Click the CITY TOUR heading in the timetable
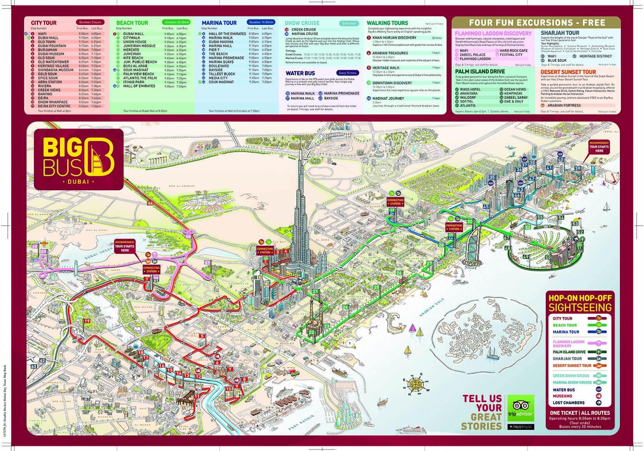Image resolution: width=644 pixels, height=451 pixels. (43, 23)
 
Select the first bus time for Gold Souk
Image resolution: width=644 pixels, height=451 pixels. (83, 74)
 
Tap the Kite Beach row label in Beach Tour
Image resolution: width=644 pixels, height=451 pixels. (133, 58)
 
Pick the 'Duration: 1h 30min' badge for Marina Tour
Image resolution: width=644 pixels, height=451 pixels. (261, 22)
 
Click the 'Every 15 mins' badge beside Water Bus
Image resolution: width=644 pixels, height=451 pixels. (348, 73)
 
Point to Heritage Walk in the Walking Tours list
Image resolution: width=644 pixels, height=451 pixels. (386, 68)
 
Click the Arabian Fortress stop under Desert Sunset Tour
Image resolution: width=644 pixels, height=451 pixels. (563, 105)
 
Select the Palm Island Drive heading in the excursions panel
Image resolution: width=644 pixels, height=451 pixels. (480, 72)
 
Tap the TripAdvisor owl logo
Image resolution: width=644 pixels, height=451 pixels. (520, 406)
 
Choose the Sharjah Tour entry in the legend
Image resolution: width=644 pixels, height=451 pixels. (567, 359)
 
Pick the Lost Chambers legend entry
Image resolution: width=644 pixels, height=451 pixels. (568, 403)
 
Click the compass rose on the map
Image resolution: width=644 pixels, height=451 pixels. (415, 385)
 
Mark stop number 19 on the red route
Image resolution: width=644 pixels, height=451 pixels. (87, 321)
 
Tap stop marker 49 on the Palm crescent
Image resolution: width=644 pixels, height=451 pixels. (526, 256)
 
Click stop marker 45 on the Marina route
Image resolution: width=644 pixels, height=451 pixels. (486, 207)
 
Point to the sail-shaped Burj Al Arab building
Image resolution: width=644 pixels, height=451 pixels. (473, 243)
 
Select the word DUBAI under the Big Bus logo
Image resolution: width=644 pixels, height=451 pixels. (78, 182)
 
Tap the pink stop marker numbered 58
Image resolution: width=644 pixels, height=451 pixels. (188, 237)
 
